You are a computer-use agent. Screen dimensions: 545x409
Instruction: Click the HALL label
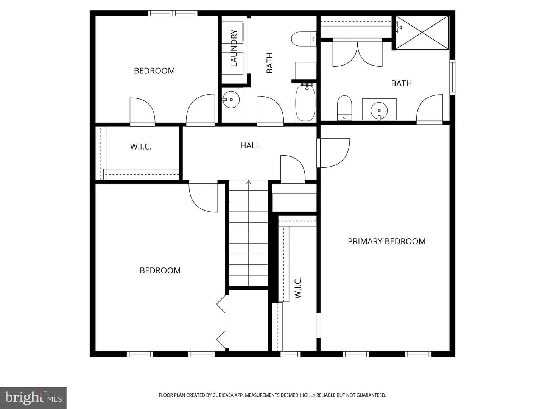coord(250,145)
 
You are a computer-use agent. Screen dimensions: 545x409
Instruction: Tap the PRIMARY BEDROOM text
coord(386,241)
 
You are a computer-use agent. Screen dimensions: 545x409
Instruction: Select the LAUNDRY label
coord(234,48)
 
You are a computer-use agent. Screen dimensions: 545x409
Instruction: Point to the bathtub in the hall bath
coord(305,103)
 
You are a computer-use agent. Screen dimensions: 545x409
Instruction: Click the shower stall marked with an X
coord(422,33)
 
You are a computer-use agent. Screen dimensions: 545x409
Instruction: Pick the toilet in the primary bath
coord(345,108)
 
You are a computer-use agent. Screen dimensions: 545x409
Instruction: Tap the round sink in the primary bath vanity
coord(379,110)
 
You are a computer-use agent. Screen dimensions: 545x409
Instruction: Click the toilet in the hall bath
coord(304,39)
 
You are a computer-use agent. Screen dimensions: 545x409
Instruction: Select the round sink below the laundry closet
coord(231,99)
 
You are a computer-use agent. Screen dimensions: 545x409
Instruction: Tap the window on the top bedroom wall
coord(173,13)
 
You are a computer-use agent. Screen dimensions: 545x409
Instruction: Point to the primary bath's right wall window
coord(452,77)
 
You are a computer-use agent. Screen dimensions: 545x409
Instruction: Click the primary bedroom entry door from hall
coord(333,153)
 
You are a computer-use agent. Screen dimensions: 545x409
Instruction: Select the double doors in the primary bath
coord(357,52)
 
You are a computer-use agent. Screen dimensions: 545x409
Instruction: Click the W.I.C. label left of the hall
coord(140,147)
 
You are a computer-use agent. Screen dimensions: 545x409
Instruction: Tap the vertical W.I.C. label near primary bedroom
coord(297,287)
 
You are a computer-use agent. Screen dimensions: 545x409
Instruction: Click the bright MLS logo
coord(33,398)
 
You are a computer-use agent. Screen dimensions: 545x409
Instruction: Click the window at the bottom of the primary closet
coord(290,354)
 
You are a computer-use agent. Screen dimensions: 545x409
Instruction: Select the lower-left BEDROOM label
coord(160,270)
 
